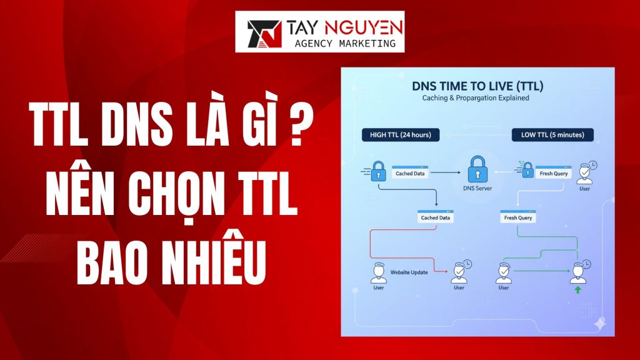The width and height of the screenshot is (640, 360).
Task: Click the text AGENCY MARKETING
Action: pyautogui.click(x=344, y=44)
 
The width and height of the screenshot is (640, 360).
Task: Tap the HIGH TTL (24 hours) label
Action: pyautogui.click(x=400, y=134)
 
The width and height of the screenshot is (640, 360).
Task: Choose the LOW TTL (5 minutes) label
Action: pyautogui.click(x=552, y=134)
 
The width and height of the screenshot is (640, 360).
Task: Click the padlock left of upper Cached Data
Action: pyautogui.click(x=378, y=169)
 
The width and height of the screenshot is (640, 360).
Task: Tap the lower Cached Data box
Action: pyautogui.click(x=435, y=217)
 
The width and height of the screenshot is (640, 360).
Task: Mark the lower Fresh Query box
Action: pyautogui.click(x=517, y=217)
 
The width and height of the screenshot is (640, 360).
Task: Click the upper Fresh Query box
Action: pyautogui.click(x=552, y=173)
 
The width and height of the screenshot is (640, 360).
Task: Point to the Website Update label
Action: pyautogui.click(x=409, y=272)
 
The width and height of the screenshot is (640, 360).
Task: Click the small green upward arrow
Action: pyautogui.click(x=577, y=289)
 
